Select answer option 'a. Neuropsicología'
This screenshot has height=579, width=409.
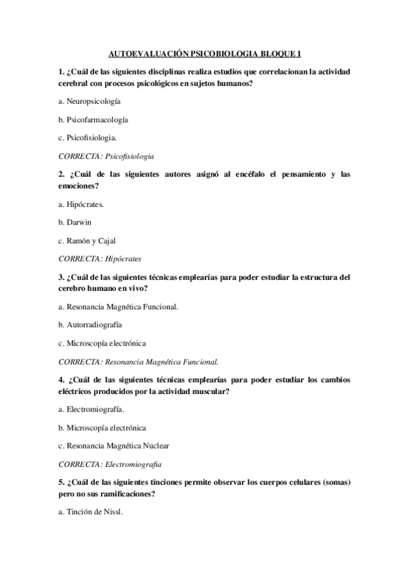tap(89, 101)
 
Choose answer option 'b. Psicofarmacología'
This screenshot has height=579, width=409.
tap(94, 119)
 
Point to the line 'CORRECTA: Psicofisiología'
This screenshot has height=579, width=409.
tap(106, 156)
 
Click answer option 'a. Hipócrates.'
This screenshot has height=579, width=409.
tap(81, 204)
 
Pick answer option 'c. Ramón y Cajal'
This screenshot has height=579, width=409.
tap(87, 240)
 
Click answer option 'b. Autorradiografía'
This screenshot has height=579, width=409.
tap(91, 325)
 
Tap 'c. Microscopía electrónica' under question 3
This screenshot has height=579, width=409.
tap(102, 343)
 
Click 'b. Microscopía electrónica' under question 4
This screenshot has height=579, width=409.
tap(102, 428)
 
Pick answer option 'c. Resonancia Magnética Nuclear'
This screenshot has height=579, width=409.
tap(113, 446)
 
